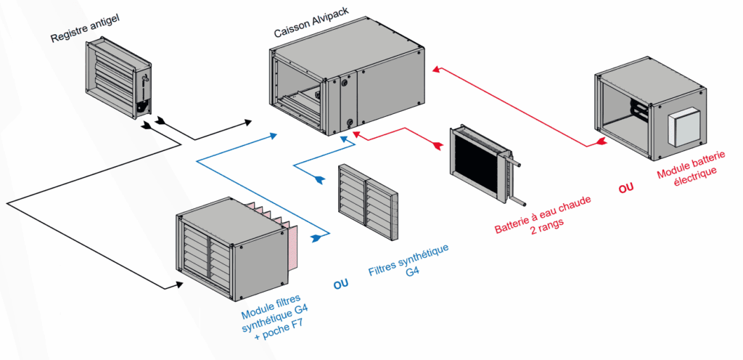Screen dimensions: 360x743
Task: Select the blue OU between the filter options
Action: pos(341,284)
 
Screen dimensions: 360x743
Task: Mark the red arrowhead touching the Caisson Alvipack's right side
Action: pos(436,70)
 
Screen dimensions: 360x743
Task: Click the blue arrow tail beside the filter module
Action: pos(316,237)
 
